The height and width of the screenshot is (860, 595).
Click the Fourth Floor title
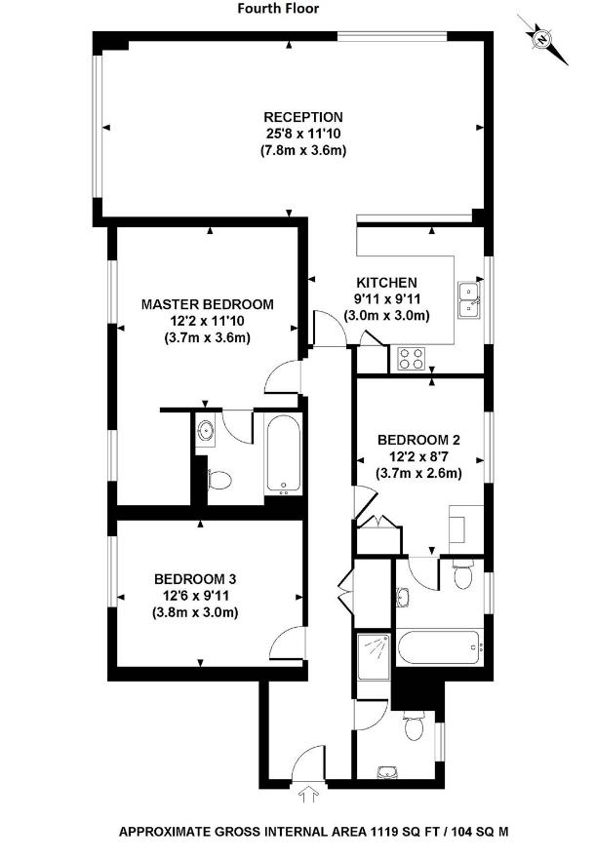[278, 9]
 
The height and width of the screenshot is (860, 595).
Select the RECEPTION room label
[303, 118]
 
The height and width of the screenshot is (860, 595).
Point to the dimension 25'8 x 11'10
[303, 135]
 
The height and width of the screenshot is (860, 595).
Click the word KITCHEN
[386, 282]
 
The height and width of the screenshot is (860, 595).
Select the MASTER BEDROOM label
[208, 303]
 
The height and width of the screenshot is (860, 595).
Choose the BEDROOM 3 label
[195, 578]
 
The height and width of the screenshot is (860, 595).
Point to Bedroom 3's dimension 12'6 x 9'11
[195, 595]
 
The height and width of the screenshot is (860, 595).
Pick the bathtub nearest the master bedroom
[284, 455]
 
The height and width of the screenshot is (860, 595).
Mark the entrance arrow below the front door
[312, 796]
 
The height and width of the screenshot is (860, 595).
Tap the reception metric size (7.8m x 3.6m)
[303, 151]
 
